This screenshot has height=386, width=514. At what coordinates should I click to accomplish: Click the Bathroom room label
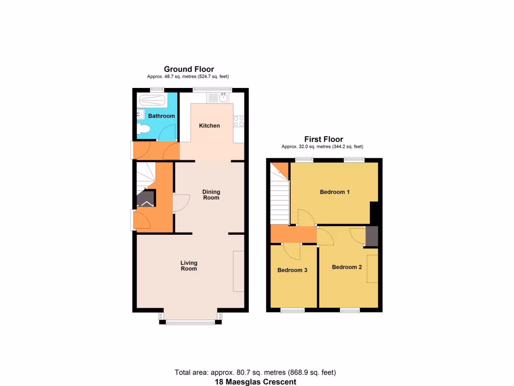[x=162, y=116]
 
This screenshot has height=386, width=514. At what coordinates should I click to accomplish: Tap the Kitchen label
[x=209, y=126]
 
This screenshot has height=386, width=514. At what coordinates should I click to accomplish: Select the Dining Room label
[x=211, y=195]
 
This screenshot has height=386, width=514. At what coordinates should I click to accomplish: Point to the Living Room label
[x=189, y=265]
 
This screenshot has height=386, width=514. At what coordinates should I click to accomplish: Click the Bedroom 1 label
[x=335, y=192]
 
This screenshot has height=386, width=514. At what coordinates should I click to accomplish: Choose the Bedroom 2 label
[x=347, y=267]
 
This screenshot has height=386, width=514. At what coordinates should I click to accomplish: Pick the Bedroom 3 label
[x=292, y=270]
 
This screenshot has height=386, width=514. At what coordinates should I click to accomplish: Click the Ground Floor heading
[x=189, y=69]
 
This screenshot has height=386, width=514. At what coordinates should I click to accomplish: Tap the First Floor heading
[x=324, y=139]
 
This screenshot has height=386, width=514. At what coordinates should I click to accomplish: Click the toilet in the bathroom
[x=144, y=129]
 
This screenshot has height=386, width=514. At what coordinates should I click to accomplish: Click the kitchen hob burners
[x=238, y=121]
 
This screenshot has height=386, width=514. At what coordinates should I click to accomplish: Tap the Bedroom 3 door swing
[x=292, y=250]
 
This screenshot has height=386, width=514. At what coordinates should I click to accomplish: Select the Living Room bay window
[x=190, y=322]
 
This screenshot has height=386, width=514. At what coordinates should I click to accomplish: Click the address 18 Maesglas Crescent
[x=255, y=382]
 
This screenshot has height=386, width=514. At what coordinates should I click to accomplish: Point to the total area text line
[x=255, y=372]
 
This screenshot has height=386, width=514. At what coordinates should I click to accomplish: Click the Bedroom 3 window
[x=292, y=310]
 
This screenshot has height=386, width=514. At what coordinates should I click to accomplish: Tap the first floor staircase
[x=280, y=199]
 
